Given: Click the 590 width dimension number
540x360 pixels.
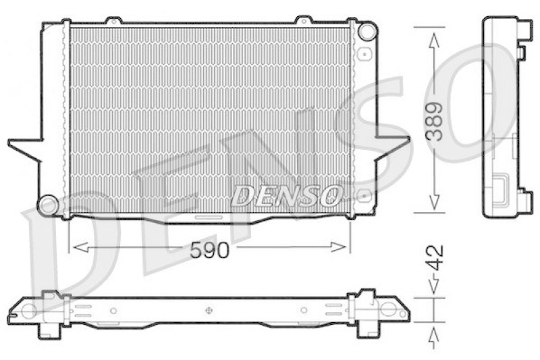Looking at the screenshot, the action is click(209, 250).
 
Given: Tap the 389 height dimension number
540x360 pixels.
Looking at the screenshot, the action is click(434, 122).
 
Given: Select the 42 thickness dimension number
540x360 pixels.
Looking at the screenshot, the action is click(435, 258).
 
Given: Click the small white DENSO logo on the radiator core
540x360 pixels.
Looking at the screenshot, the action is click(287, 196).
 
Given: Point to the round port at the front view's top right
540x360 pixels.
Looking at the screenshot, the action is click(367, 31).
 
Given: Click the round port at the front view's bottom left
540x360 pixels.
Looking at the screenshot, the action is click(47, 205).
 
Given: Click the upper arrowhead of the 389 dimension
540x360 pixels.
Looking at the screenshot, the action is click(434, 41).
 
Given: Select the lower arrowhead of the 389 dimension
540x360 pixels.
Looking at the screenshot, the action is click(434, 202).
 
